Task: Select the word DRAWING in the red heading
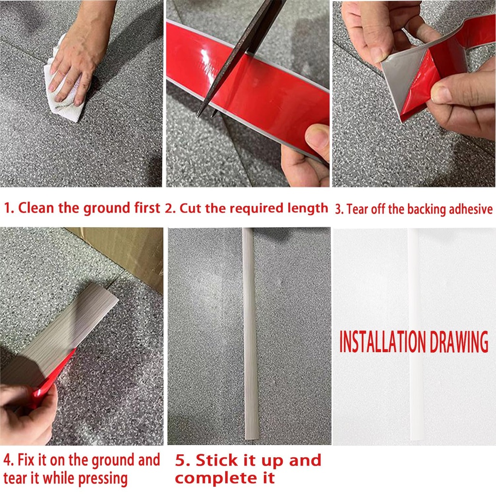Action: click(x=452, y=342)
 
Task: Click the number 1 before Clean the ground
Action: click(x=8, y=209)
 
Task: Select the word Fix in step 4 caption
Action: click(x=27, y=460)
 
